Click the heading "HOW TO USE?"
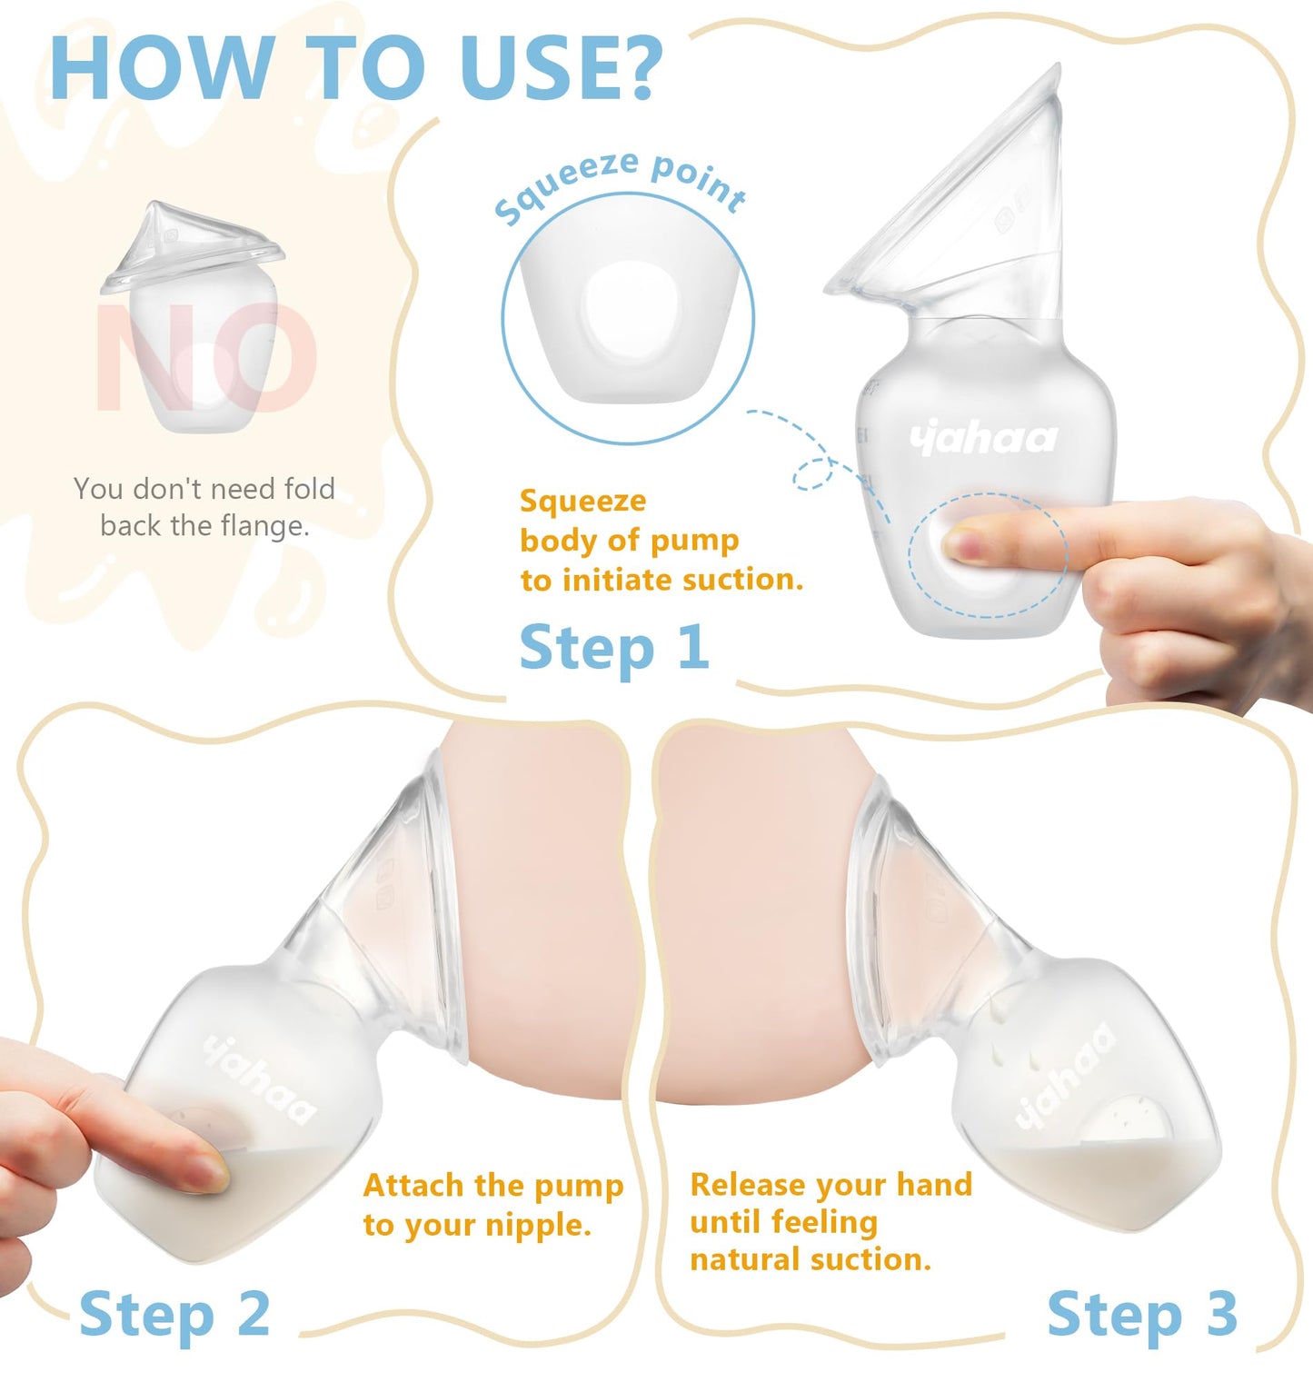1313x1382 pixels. coord(356,69)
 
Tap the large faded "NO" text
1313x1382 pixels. coord(207,357)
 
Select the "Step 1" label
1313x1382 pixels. coord(613,648)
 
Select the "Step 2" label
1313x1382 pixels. coord(174,1314)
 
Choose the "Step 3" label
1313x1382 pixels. coord(1141,1314)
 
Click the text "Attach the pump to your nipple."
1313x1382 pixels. coord(492,1205)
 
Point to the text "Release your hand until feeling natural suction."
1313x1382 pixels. coord(830,1221)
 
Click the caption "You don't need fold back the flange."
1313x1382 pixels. coord(204,507)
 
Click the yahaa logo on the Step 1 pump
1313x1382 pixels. coord(983,440)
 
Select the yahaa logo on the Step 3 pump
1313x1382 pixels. coord(1064,1076)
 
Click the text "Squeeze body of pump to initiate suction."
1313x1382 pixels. coord(661,540)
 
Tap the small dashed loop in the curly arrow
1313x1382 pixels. coord(814,473)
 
